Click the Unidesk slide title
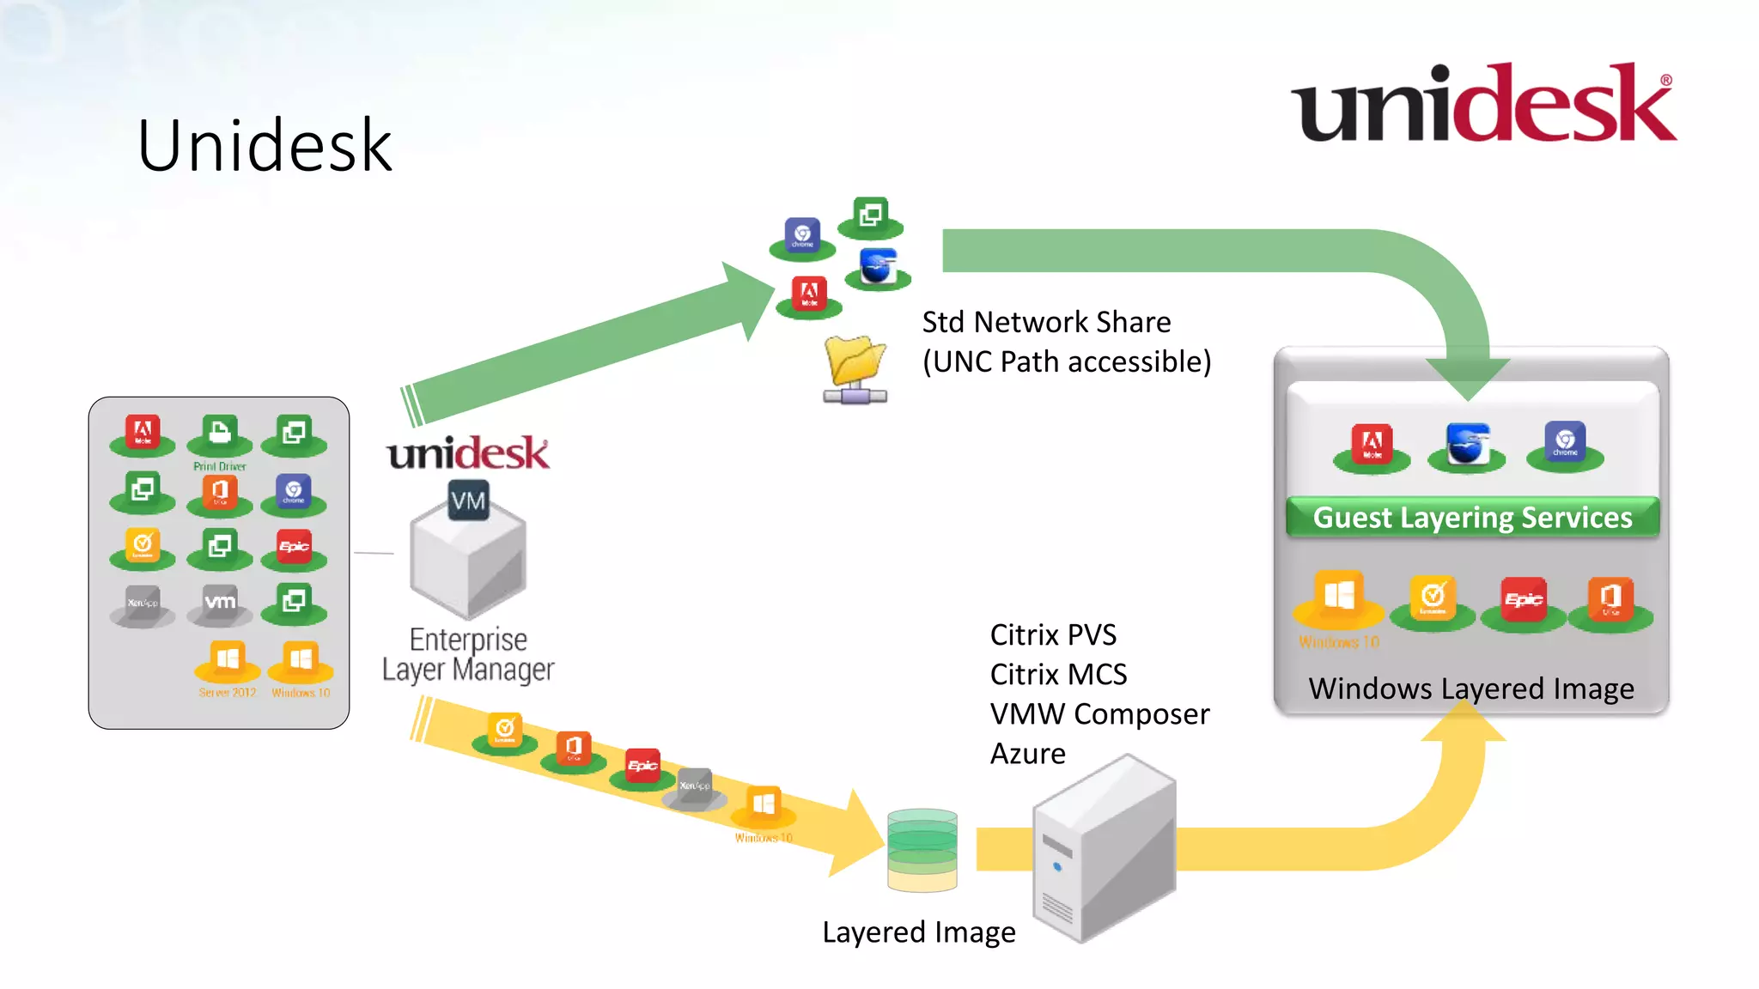265,146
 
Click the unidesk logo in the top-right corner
1483,104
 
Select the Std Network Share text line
1046,322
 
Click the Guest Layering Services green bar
1472,518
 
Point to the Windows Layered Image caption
1470,689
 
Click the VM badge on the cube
468,501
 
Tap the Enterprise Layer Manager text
468,654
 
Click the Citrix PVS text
1053,635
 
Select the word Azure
1028,754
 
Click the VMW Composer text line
1099,714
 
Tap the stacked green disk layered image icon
922,850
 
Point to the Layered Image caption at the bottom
918,932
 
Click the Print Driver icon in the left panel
220,434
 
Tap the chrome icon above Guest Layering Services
1564,444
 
